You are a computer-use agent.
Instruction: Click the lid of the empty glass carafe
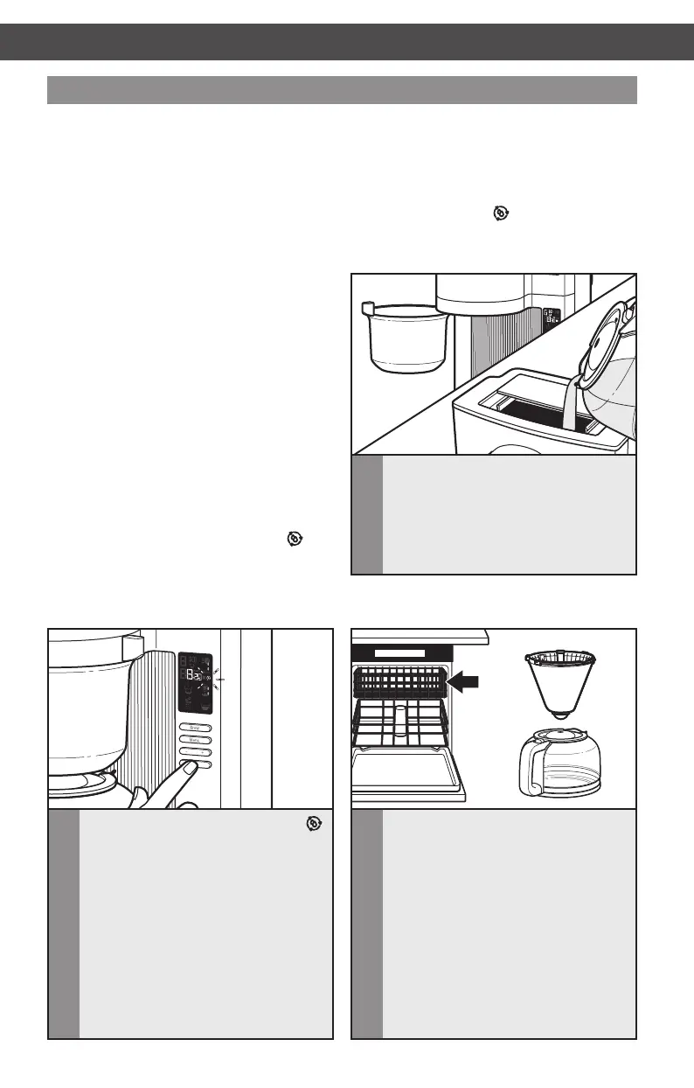[x=557, y=740]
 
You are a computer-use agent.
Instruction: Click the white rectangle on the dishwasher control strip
[x=400, y=652]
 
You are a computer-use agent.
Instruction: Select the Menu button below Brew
[x=196, y=739]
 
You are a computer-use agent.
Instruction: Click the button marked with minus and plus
[x=196, y=751]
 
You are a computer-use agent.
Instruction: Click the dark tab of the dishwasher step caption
[x=367, y=924]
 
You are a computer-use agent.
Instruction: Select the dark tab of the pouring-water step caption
[x=367, y=516]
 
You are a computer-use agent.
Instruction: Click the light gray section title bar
[x=342, y=90]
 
